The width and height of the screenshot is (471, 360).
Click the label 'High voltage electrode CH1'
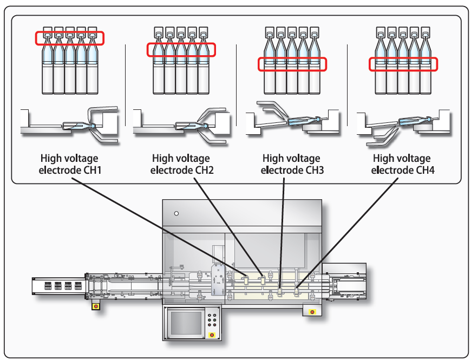[69, 164]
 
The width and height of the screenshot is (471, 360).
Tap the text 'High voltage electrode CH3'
[291, 164]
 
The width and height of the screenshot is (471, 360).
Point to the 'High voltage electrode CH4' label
[402, 164]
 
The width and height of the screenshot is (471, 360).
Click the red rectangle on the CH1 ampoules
[69, 38]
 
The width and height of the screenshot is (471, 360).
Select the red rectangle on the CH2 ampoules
[181, 49]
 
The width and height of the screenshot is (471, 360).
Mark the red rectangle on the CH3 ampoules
[292, 63]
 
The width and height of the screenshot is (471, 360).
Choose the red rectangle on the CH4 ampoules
[403, 64]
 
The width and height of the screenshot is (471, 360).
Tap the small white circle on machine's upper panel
[176, 214]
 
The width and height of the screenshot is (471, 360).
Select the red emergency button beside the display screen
[212, 335]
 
